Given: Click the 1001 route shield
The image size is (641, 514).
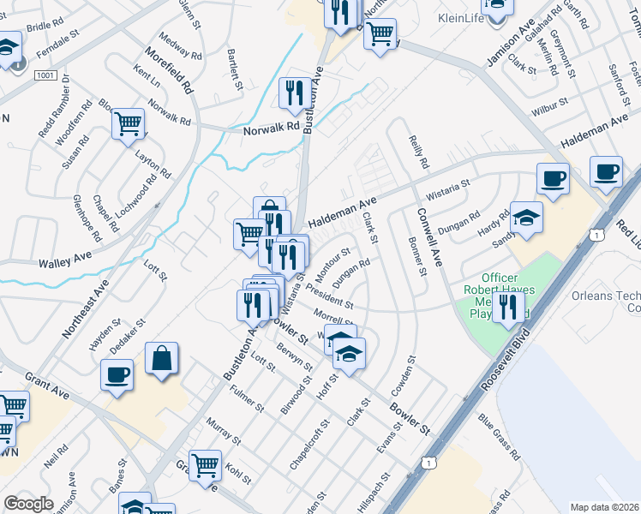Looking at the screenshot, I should point(45,76).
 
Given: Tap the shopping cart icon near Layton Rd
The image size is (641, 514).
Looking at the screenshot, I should point(129,123).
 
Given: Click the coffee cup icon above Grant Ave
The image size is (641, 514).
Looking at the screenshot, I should point(117,374).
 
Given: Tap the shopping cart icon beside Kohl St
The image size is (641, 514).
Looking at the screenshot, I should point(205,466).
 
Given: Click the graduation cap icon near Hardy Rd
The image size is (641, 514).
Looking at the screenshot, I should point(527,218).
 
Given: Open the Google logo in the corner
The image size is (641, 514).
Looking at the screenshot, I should point(28,504).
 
